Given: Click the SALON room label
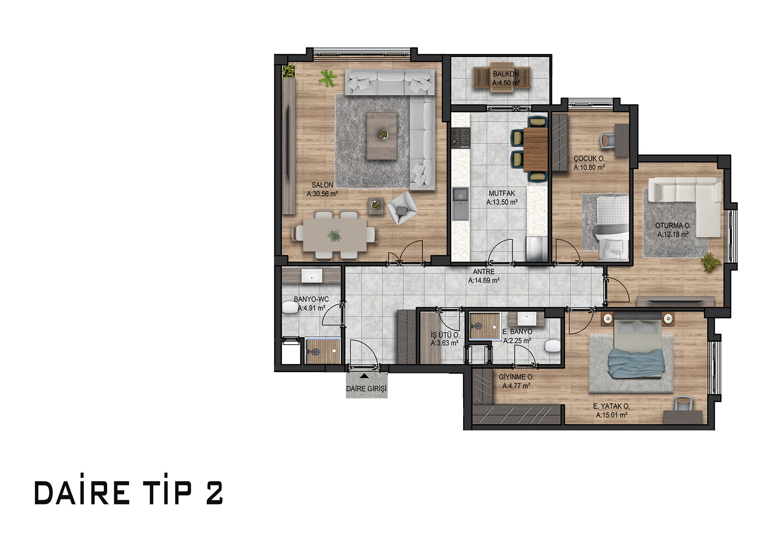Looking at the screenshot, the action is click(322, 185).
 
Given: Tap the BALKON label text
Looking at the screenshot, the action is click(506, 74).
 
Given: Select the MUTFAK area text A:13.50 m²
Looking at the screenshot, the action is click(502, 202).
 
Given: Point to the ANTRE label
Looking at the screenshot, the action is click(484, 271).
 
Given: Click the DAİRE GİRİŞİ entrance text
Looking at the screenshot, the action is click(366, 389).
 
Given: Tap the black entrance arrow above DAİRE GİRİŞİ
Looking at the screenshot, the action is click(364, 375).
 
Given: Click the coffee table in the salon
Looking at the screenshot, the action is click(381, 136).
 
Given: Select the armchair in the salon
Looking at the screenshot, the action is click(402, 208).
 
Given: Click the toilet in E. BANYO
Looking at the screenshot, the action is click(552, 346).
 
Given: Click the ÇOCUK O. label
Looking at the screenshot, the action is click(589, 158).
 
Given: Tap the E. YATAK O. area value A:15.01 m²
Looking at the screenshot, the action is click(612, 415).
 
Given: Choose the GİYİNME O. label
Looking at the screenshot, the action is click(516, 377).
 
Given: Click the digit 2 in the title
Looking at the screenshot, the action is click(215, 493).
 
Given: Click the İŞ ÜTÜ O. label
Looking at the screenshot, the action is click(445, 335).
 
